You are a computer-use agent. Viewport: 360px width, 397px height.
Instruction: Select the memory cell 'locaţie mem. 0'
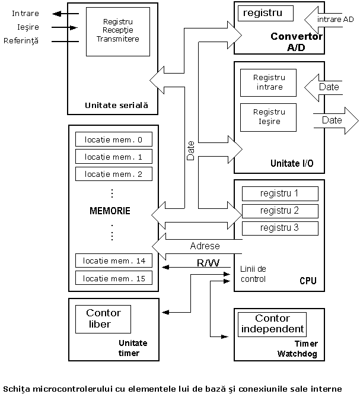(113, 139)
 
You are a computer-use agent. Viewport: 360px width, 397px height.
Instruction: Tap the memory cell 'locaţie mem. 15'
(113, 278)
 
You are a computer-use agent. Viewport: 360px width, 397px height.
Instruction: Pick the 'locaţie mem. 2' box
(113, 174)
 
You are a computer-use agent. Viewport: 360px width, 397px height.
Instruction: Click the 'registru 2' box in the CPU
(279, 211)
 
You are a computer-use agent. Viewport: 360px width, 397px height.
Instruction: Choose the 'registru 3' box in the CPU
(279, 228)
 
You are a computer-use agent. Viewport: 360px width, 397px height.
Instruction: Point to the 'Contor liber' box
(103, 319)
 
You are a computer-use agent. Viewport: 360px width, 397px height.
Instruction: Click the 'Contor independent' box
(272, 324)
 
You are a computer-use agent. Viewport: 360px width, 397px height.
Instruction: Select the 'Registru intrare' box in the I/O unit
(269, 82)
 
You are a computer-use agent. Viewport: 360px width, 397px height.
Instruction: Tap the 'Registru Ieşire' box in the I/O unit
(269, 116)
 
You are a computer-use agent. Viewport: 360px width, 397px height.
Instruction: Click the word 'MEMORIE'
(110, 211)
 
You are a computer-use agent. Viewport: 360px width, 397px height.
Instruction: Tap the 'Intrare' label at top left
(21, 13)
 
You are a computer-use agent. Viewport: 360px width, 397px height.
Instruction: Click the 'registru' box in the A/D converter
(265, 12)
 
